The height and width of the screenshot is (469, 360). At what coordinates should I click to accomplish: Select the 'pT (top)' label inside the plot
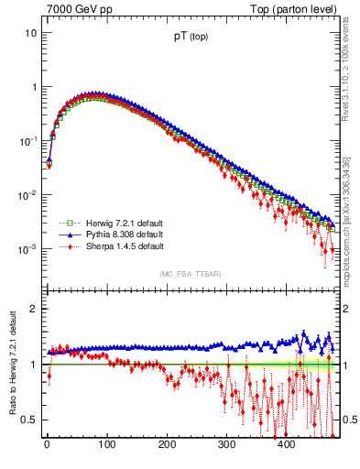click(190, 39)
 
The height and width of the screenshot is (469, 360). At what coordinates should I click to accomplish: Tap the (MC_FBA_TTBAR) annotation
click(190, 275)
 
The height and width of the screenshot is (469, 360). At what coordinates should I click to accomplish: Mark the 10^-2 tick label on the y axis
click(29, 194)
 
